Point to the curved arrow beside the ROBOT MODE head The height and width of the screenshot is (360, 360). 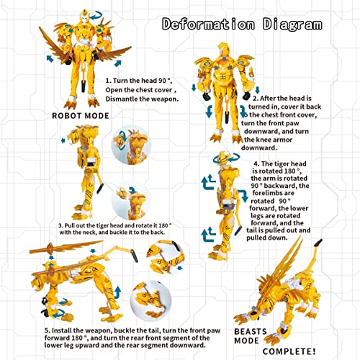coord(103,12)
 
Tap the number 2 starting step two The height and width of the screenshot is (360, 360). coord(256,98)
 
